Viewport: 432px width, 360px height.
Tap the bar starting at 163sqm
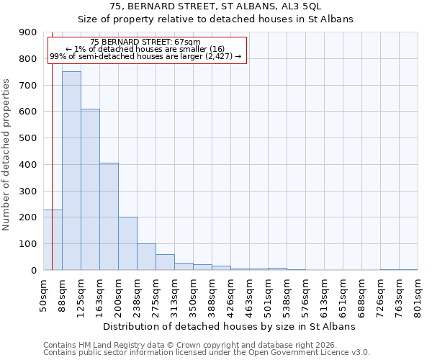pos(109,216)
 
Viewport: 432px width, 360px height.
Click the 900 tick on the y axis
pos(28,32)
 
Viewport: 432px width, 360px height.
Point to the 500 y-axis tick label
pos(28,138)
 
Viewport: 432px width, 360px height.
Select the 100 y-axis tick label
pos(28,244)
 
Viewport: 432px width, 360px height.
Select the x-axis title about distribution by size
pos(230,326)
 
